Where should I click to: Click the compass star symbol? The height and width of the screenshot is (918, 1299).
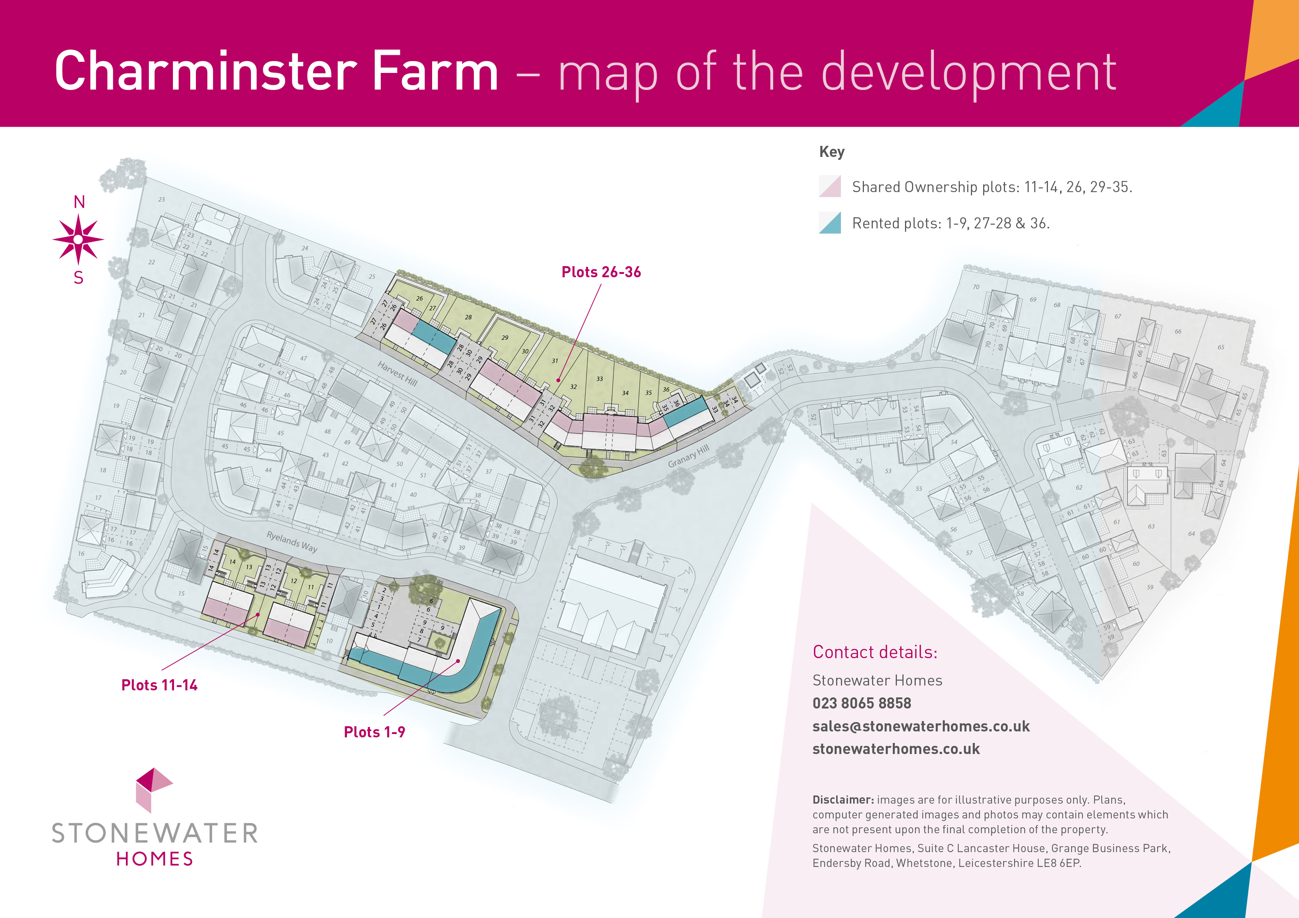coord(78,239)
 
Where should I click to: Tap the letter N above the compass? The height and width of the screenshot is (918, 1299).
coord(79,202)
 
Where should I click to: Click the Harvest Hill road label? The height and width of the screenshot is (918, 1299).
coord(398,374)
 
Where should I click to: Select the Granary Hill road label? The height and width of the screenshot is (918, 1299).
coord(688,456)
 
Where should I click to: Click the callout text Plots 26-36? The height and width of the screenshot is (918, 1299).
coord(601,272)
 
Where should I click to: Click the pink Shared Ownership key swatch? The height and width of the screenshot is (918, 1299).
coord(830,186)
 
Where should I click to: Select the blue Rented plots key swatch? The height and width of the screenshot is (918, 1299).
coord(830,223)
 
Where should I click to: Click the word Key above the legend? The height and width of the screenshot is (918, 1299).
coord(832,152)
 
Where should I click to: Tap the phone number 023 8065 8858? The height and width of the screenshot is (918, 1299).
coord(862,703)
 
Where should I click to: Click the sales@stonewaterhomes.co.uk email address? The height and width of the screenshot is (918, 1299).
coord(921,726)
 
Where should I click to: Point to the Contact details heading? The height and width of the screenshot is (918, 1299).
coord(875,652)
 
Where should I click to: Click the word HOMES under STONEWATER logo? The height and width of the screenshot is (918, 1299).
coord(154,859)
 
